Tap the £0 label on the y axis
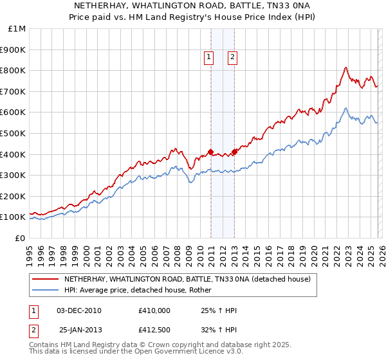point(21,238)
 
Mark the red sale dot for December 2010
point(210,152)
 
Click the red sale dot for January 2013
point(234,152)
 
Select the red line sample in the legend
point(46,280)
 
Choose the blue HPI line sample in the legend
point(46,290)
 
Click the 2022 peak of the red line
point(346,67)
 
